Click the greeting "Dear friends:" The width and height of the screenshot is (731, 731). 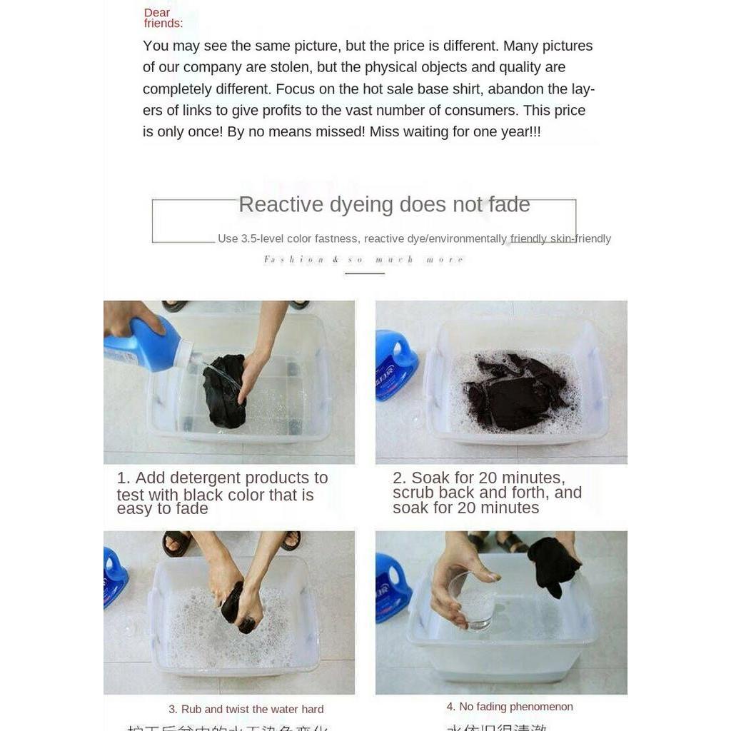(163, 18)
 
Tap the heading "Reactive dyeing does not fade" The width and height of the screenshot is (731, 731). (384, 205)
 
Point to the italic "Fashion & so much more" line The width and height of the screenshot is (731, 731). (364, 260)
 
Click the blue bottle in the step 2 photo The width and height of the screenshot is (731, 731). (395, 364)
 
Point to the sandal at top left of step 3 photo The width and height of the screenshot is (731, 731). (176, 543)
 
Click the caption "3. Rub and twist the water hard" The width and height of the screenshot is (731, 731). (246, 709)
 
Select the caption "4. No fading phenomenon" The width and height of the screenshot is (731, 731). (510, 707)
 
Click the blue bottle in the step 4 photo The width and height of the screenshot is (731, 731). (392, 590)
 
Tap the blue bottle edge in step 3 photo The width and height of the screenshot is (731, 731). (114, 575)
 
